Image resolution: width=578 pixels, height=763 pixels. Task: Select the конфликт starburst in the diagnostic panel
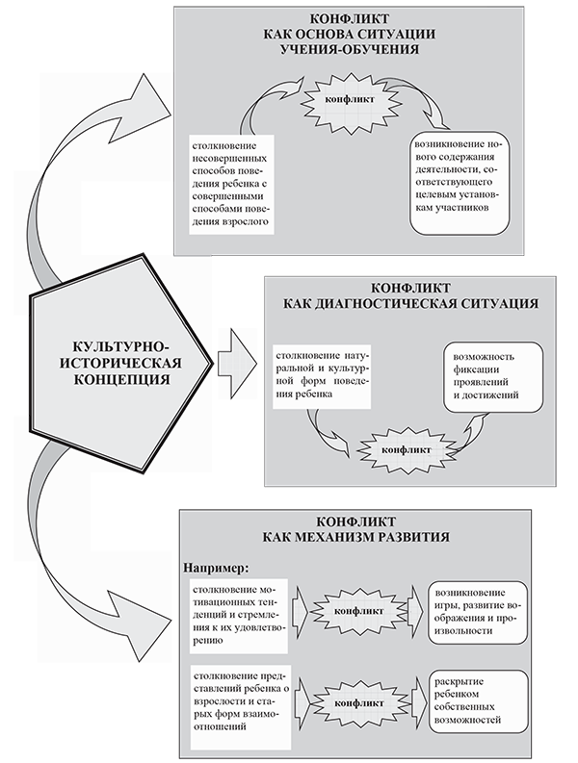(398, 448)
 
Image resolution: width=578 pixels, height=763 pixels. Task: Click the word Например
(215, 565)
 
